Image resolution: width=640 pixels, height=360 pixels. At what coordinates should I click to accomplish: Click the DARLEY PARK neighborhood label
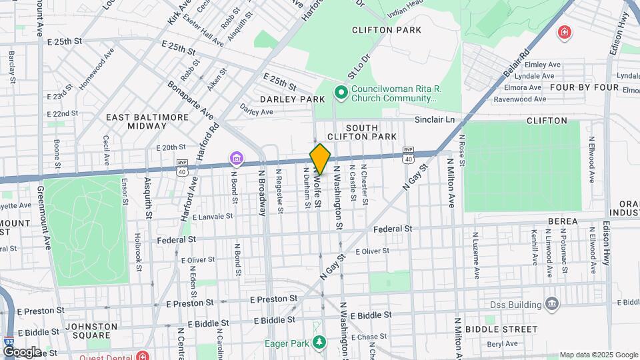point(292,99)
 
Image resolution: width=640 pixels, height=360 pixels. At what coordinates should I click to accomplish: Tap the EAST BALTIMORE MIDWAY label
point(147,121)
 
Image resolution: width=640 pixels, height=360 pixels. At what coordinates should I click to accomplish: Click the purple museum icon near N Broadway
point(236,158)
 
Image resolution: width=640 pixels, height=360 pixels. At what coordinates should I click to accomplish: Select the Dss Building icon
point(551,305)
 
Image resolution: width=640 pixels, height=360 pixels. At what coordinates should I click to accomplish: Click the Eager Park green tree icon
point(321,342)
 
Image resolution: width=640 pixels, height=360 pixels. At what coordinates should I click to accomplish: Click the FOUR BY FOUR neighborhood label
point(575,87)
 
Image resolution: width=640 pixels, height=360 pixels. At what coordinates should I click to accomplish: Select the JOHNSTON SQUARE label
point(91,332)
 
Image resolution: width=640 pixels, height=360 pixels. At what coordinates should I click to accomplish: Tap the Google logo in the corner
point(21,352)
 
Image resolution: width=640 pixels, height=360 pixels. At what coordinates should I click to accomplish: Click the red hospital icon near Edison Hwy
point(565,31)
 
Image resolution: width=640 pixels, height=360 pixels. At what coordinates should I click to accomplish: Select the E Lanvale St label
point(212,217)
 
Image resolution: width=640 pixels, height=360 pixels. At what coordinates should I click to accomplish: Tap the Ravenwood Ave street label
point(519,99)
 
